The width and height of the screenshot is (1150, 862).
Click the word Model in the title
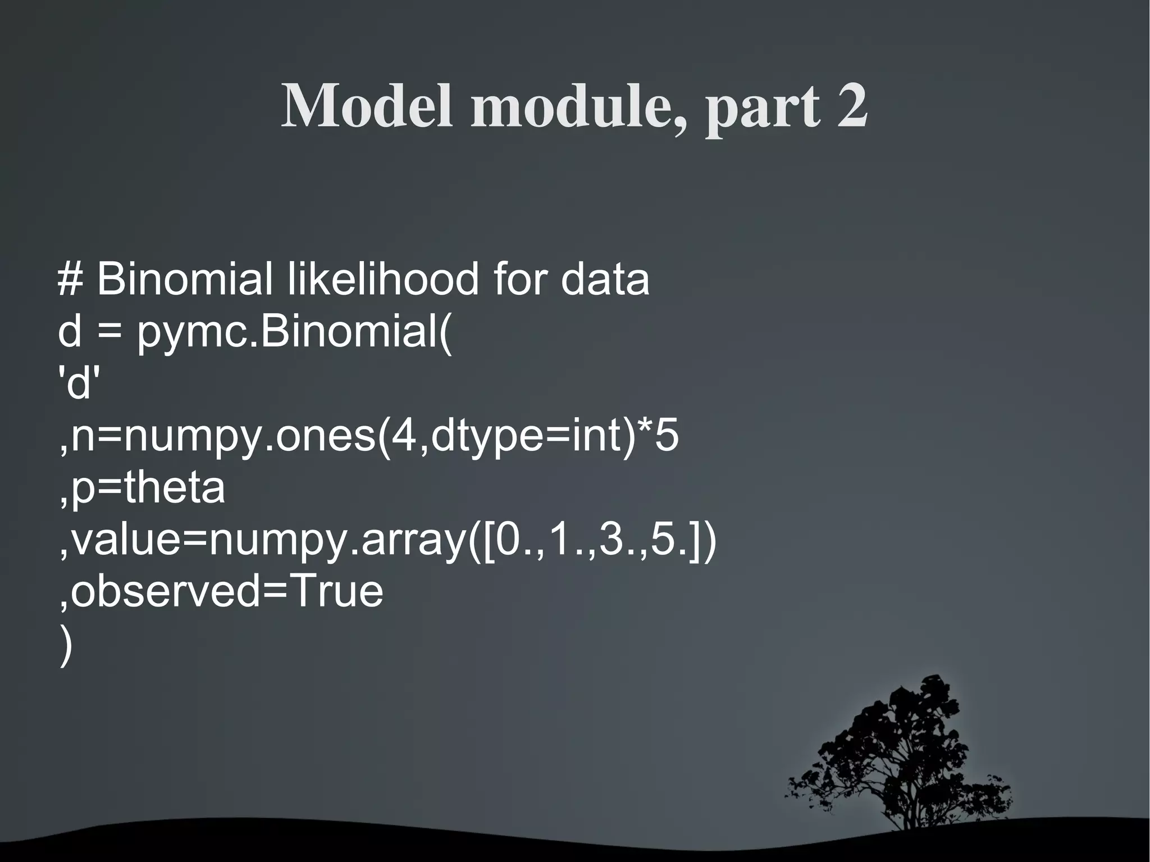point(366,106)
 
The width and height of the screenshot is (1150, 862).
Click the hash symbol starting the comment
point(70,279)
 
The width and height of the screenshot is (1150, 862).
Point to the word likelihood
point(383,279)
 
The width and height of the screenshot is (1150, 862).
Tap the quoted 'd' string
point(79,385)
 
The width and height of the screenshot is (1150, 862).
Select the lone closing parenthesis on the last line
point(65,646)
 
